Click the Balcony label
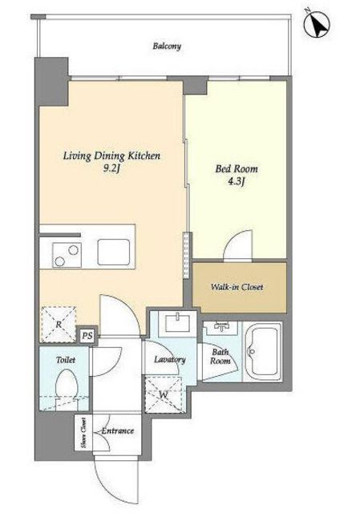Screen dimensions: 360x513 [167, 46]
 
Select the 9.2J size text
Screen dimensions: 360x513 [111, 169]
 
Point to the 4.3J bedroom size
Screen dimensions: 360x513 [237, 182]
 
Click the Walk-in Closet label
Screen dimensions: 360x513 [237, 287]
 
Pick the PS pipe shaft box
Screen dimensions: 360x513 [87, 336]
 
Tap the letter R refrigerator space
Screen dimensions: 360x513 [59, 325]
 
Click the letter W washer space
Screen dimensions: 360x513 [164, 394]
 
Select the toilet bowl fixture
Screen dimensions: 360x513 [67, 390]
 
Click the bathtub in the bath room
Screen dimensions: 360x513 [262, 352]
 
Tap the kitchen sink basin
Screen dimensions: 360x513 [114, 252]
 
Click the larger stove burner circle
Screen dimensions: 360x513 [73, 250]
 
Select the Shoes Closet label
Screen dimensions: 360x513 [83, 433]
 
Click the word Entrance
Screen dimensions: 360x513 [118, 430]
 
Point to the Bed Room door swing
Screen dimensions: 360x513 [238, 245]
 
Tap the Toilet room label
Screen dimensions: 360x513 [66, 360]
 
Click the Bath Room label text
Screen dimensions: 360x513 [220, 356]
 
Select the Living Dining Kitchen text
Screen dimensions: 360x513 [111, 156]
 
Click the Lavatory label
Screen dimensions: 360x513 [170, 360]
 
